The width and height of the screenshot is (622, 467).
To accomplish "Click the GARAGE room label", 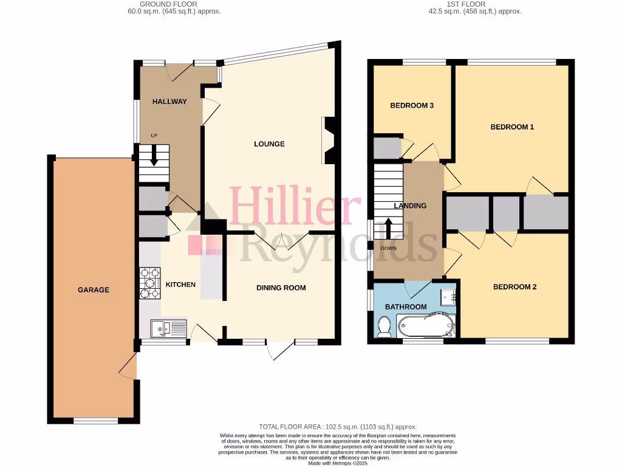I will pyautogui.click(x=94, y=290).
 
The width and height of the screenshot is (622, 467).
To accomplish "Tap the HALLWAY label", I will pyautogui.click(x=169, y=102).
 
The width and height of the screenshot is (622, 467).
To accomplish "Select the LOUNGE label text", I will pyautogui.click(x=269, y=144).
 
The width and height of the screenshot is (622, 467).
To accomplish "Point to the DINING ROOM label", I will pyautogui.click(x=281, y=288).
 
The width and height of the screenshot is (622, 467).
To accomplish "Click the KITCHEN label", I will pyautogui.click(x=181, y=285).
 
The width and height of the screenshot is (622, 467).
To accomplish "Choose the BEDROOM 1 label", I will pyautogui.click(x=512, y=127).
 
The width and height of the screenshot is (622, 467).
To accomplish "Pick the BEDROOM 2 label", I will pyautogui.click(x=514, y=287).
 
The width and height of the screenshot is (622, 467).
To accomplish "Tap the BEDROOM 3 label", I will pyautogui.click(x=411, y=106).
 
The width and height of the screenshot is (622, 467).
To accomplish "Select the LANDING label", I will pyautogui.click(x=410, y=206).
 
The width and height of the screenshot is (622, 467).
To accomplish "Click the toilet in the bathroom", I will pyautogui.click(x=384, y=327).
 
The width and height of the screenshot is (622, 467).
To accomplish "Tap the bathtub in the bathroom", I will pyautogui.click(x=426, y=325).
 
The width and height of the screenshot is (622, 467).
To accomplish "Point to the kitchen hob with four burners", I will pyautogui.click(x=150, y=284).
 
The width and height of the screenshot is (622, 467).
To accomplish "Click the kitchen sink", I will pyautogui.click(x=168, y=329).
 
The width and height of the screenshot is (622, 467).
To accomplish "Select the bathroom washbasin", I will pyautogui.click(x=449, y=296).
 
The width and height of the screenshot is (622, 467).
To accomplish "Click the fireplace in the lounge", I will pyautogui.click(x=329, y=141).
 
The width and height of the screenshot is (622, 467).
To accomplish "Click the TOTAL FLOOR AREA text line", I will pyautogui.click(x=338, y=427).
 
